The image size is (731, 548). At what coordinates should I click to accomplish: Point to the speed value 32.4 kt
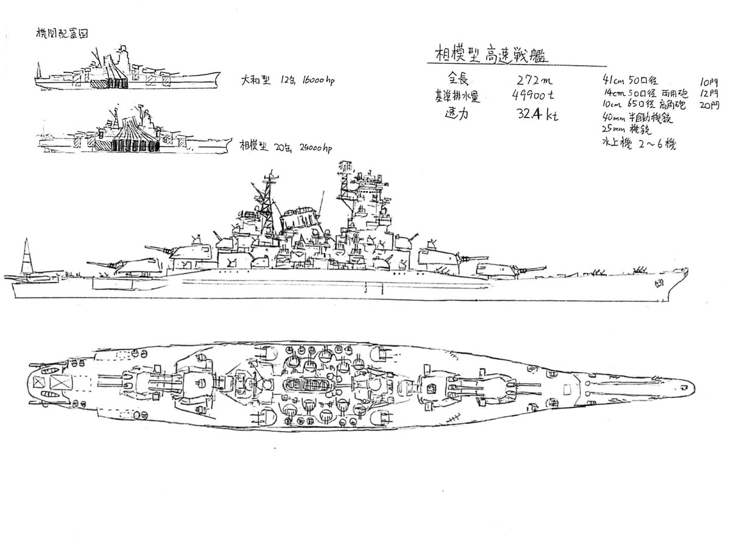(536, 114)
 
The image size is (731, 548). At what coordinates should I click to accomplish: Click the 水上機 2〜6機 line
(637, 144)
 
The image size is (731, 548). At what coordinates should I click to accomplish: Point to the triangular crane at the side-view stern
(27, 258)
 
